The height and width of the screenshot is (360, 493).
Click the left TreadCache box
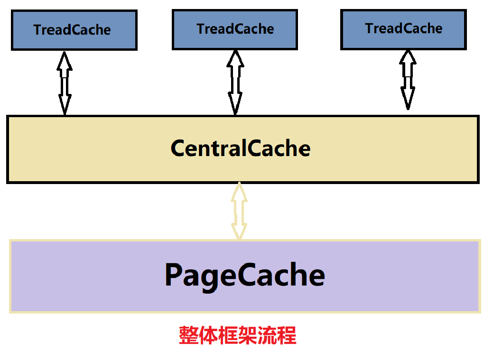point(74,30)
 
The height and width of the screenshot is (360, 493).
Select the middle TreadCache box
point(235,29)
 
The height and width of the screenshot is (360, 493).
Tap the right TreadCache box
point(404,28)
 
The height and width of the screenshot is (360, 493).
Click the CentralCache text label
point(241,148)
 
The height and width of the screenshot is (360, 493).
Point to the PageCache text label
point(245,275)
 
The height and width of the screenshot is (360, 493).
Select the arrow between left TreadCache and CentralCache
point(65,83)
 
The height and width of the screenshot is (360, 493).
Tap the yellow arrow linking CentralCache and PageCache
point(239,211)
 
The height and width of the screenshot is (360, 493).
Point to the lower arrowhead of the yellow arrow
point(239,231)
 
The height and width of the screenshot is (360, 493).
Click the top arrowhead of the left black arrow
point(65,61)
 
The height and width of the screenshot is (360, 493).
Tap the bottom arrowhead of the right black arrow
point(407,100)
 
